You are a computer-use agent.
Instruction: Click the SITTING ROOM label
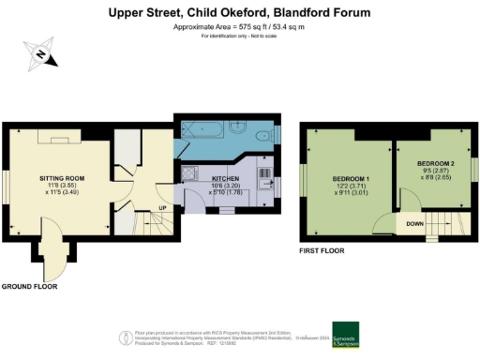(x=63, y=177)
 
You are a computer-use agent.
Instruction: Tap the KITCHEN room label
(x=226, y=178)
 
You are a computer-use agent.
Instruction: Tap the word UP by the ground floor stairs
(x=162, y=207)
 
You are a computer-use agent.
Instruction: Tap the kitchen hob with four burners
(x=192, y=174)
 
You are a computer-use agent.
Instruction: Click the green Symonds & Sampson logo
(x=345, y=336)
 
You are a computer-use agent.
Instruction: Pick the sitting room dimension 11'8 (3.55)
(x=63, y=187)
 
